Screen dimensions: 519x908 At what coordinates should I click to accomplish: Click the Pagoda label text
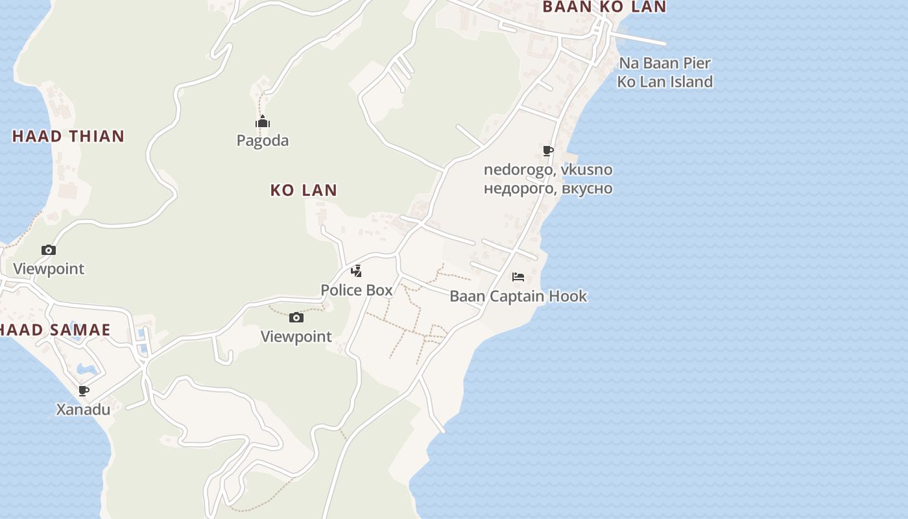pyautogui.click(x=263, y=141)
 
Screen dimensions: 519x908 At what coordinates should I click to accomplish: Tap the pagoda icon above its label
pyautogui.click(x=263, y=122)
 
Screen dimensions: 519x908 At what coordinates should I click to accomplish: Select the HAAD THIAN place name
pyautogui.click(x=68, y=136)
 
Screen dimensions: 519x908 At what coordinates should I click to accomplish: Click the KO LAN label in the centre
pyautogui.click(x=304, y=190)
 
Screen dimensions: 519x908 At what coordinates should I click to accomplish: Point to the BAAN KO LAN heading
pyautogui.click(x=604, y=7)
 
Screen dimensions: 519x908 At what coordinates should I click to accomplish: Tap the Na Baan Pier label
pyautogui.click(x=665, y=64)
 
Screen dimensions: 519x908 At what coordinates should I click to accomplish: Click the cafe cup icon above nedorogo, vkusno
pyautogui.click(x=548, y=151)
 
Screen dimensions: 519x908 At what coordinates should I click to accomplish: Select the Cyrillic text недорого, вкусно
pyautogui.click(x=548, y=189)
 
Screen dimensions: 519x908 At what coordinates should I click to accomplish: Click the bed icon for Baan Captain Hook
pyautogui.click(x=518, y=277)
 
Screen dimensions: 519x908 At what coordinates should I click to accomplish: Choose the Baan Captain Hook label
pyautogui.click(x=518, y=296)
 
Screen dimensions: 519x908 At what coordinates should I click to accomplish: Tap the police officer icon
pyautogui.click(x=356, y=271)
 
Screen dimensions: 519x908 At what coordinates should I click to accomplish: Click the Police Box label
pyautogui.click(x=357, y=290)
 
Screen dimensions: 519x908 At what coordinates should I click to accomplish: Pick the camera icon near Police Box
pyautogui.click(x=296, y=317)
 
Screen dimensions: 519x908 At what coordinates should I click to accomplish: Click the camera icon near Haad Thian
pyautogui.click(x=49, y=250)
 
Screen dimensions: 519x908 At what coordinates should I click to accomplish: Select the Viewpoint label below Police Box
pyautogui.click(x=296, y=337)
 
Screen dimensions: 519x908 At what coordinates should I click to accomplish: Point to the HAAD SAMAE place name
pyautogui.click(x=55, y=330)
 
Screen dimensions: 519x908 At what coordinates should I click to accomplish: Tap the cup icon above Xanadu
pyautogui.click(x=84, y=391)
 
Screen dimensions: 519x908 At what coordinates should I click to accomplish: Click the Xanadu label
pyautogui.click(x=83, y=410)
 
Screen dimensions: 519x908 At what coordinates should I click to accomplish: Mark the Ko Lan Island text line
pyautogui.click(x=665, y=82)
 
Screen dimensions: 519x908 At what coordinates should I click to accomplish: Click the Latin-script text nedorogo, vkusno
pyautogui.click(x=548, y=170)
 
